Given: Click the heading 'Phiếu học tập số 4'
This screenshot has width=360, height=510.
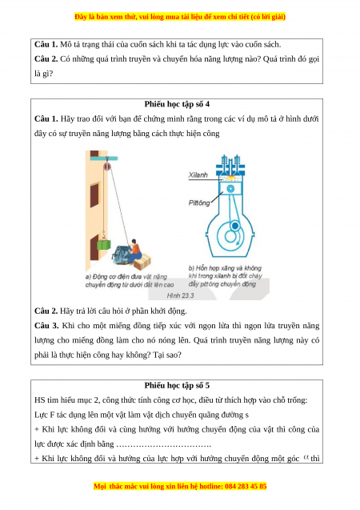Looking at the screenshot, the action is [177, 104].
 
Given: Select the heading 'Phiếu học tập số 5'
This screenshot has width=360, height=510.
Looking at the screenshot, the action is [177, 385].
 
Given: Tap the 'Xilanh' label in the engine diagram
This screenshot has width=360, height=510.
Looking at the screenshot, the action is [198, 175].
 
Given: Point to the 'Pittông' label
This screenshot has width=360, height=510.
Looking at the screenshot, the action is [199, 203].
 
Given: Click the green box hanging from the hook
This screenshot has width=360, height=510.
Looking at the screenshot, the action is [104, 244].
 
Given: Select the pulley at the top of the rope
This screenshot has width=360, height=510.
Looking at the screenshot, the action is [107, 167].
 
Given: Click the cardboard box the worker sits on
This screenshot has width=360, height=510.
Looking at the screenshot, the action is [142, 262].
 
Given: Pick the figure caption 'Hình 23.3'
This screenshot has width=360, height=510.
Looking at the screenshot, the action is [180, 295].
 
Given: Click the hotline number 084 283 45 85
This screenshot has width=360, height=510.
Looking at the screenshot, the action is [246, 486].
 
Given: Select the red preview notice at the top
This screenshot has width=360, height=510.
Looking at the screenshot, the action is [180, 17].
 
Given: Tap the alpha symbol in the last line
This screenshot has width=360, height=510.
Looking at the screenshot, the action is [306, 457].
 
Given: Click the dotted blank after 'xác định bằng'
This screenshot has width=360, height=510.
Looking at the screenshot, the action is [164, 444].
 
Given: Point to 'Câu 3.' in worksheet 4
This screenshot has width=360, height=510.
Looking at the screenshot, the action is [46, 326].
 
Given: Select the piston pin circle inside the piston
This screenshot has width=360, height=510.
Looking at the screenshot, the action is [230, 189].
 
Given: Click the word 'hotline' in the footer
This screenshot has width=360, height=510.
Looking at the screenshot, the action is [211, 486].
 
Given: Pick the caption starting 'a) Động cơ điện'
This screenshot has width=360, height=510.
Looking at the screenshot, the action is [130, 281].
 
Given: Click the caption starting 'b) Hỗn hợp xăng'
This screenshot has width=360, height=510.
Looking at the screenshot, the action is [225, 275].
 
